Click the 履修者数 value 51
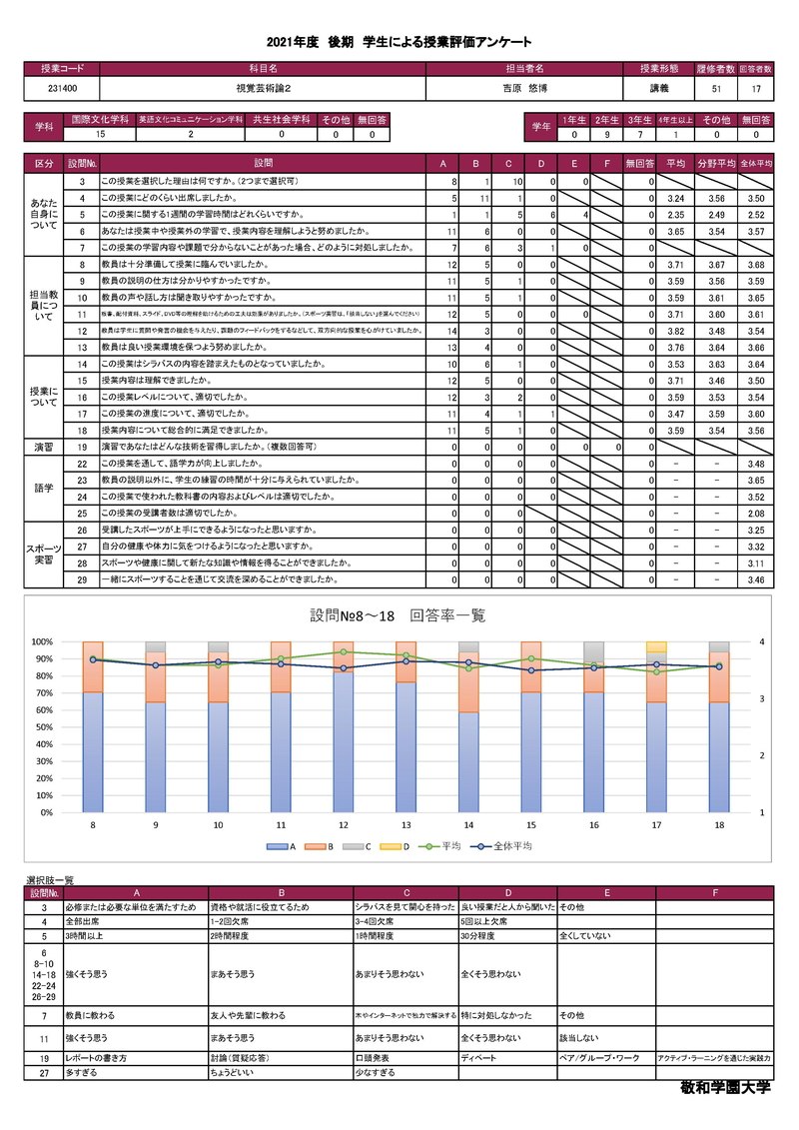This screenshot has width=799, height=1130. (717, 89)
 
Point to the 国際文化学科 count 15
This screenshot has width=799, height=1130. (98, 135)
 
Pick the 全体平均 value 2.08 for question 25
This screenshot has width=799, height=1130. (755, 513)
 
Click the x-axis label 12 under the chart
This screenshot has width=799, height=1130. (344, 825)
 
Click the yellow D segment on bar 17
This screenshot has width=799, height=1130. (656, 646)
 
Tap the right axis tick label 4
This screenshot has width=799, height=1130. (761, 641)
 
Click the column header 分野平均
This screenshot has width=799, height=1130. (714, 162)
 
